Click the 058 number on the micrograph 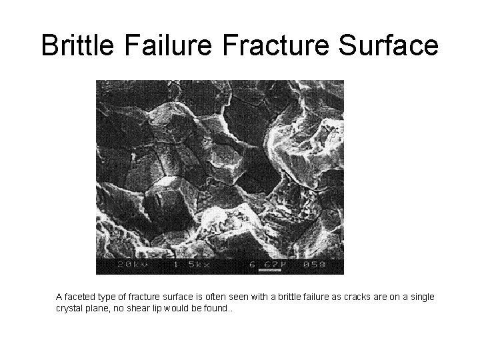pos(315,265)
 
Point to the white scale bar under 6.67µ pos(267,271)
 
